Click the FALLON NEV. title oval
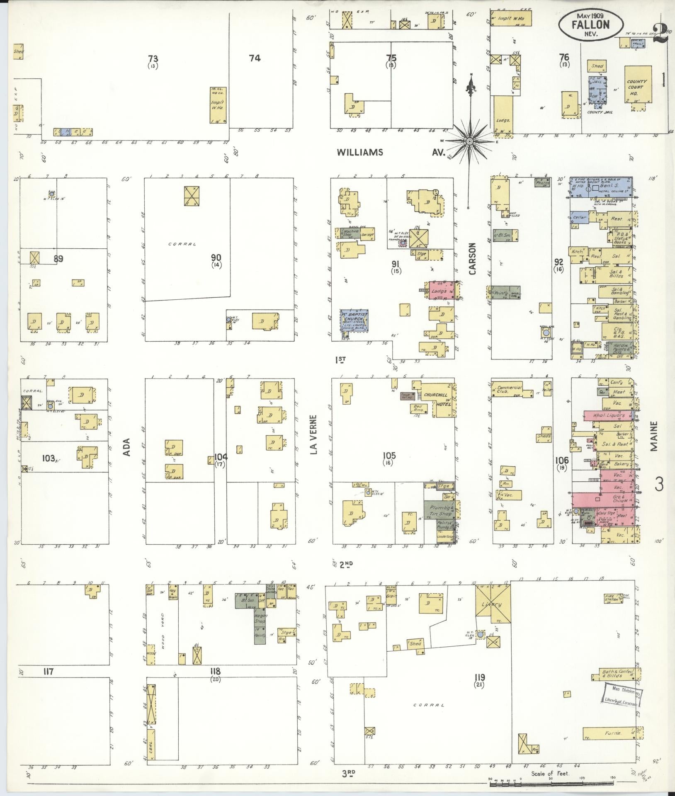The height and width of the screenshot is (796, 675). click(590, 26)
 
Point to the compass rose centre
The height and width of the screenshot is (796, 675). click(469, 141)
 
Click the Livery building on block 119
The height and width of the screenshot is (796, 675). click(493, 604)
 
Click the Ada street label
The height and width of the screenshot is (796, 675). click(127, 448)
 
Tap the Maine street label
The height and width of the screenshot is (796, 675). click(653, 436)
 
